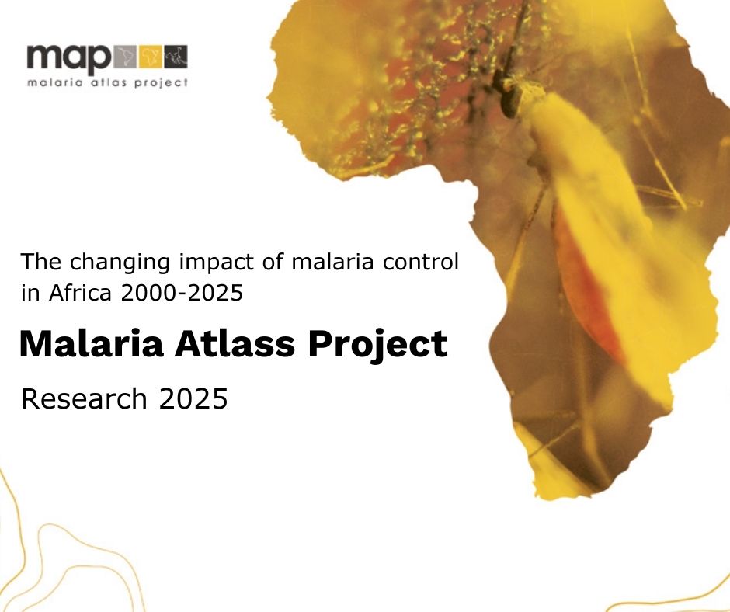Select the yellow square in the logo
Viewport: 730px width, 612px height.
[x=151, y=57]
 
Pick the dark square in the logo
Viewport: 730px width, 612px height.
[x=176, y=57]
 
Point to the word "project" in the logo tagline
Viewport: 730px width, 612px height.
[x=161, y=83]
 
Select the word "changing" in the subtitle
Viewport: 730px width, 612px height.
[x=120, y=263]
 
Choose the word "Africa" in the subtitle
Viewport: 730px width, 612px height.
[x=80, y=293]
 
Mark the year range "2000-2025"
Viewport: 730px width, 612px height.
[x=182, y=293]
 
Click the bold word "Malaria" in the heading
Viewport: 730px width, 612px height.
[x=92, y=344]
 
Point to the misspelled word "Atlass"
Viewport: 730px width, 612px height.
[x=235, y=344]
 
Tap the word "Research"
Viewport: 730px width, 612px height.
[x=85, y=398]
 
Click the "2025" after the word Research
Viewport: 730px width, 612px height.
[x=193, y=398]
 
